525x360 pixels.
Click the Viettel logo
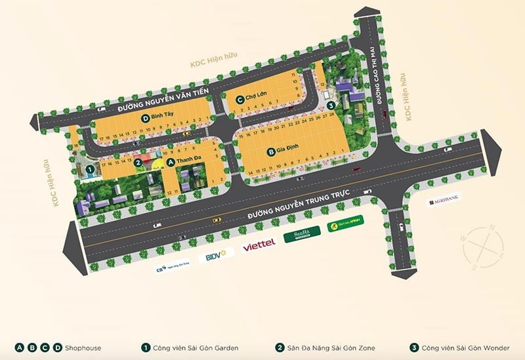click(259, 247)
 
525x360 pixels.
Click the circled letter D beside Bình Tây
click(145, 117)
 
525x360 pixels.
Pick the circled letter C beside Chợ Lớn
click(240, 99)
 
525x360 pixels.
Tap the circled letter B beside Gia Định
click(270, 153)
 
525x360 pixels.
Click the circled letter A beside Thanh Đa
click(171, 161)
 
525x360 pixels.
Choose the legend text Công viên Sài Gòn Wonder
click(470, 347)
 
